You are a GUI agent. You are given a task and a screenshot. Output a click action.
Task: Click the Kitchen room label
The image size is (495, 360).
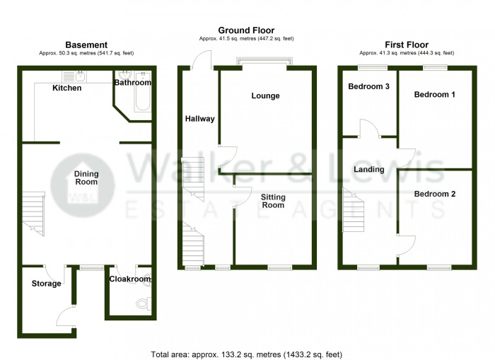(x=67, y=88)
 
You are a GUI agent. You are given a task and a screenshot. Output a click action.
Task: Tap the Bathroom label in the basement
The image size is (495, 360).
(x=133, y=83)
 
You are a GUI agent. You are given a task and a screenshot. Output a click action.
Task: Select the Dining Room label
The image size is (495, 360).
(x=86, y=177)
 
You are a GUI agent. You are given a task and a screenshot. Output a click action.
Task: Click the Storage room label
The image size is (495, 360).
(x=46, y=284)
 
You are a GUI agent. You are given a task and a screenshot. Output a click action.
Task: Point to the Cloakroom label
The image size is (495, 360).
(x=130, y=279)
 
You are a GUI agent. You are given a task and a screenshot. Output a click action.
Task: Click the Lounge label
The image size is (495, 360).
(x=265, y=96)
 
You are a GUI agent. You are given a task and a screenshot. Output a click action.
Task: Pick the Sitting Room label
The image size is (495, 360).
(x=272, y=200)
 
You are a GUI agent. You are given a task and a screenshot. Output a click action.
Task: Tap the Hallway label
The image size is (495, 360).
(x=199, y=119)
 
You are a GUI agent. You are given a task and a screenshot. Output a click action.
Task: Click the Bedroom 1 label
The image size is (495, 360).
(x=434, y=95)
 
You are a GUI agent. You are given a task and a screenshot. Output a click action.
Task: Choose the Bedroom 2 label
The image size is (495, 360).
(x=434, y=194)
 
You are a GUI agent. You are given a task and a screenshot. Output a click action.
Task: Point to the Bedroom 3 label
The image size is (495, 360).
(x=368, y=87)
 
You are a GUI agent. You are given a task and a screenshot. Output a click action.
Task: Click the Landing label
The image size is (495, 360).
(x=368, y=170)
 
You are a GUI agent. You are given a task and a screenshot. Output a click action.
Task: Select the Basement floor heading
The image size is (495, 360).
(x=86, y=45)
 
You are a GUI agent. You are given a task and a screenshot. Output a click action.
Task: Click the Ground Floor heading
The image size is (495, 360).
(x=246, y=30)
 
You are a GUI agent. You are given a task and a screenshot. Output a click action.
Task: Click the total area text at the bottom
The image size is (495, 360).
(x=247, y=353)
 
